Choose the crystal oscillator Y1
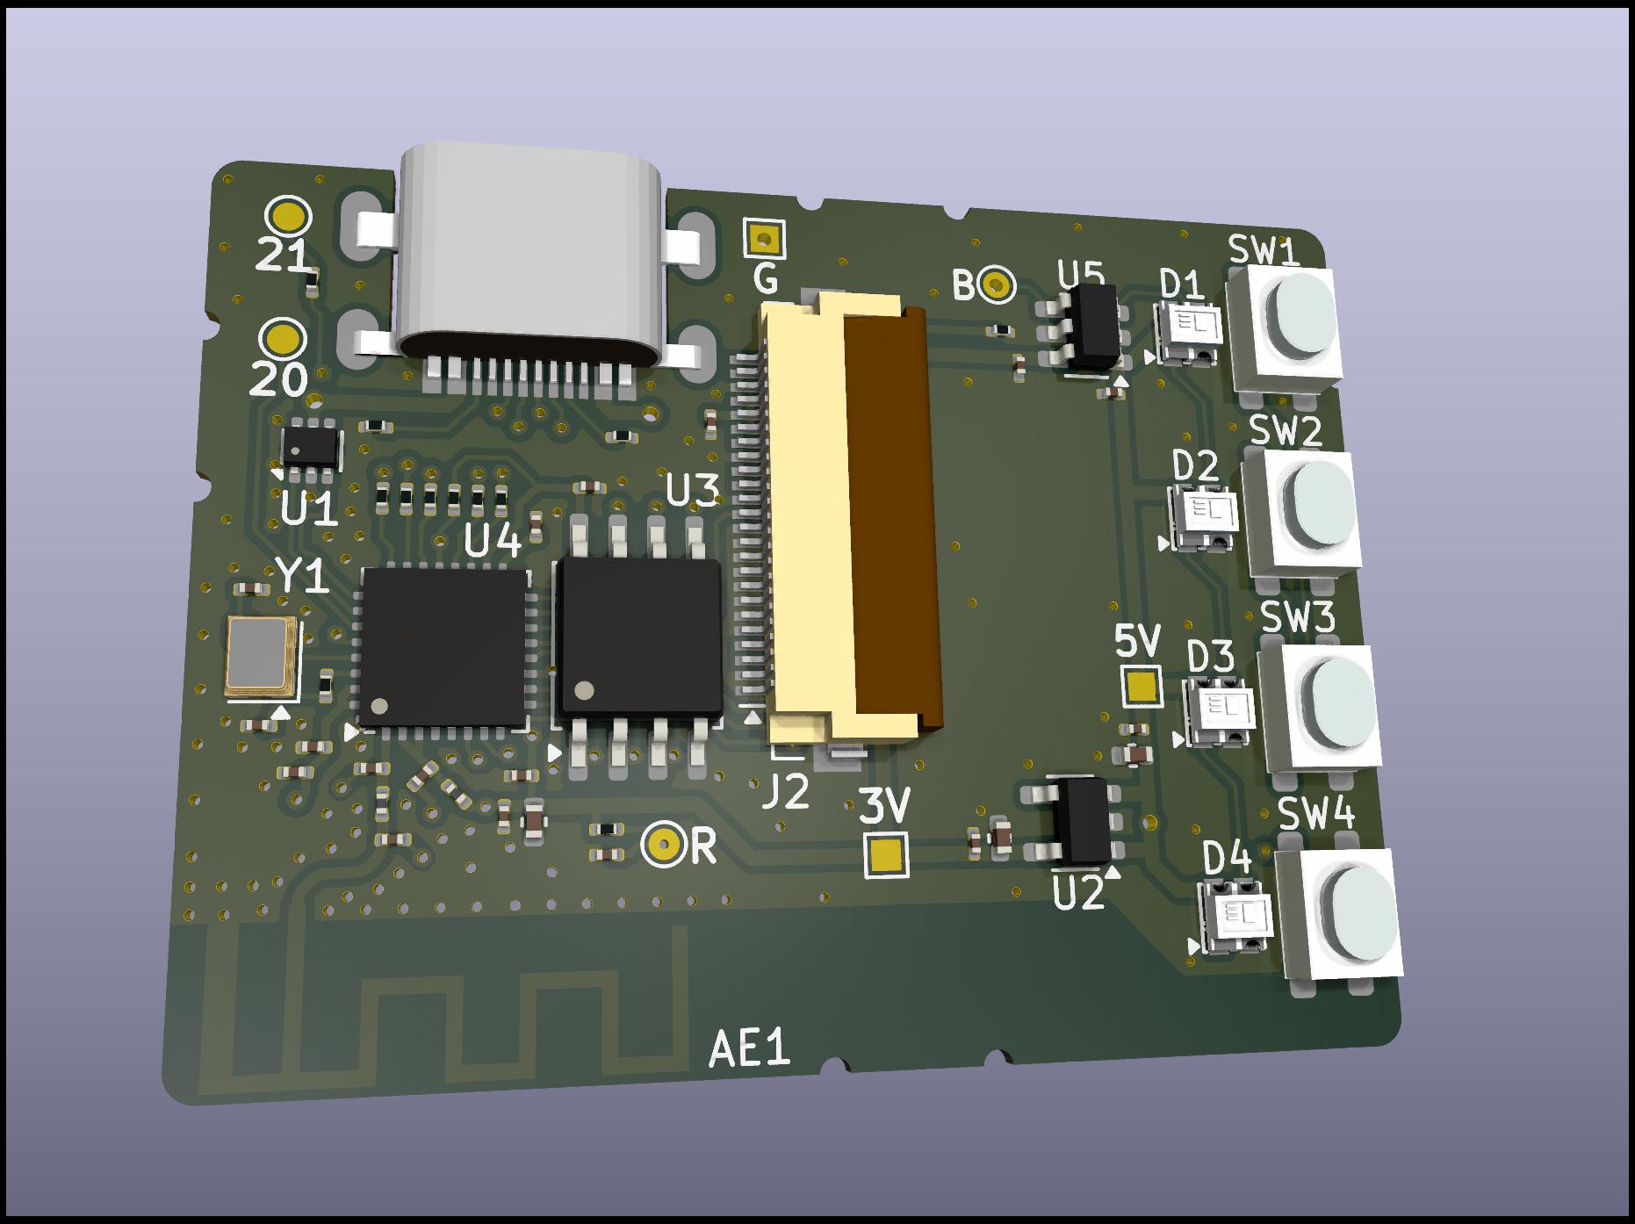tap(259, 656)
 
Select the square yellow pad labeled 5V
tap(1142, 686)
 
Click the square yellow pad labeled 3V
tap(886, 853)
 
